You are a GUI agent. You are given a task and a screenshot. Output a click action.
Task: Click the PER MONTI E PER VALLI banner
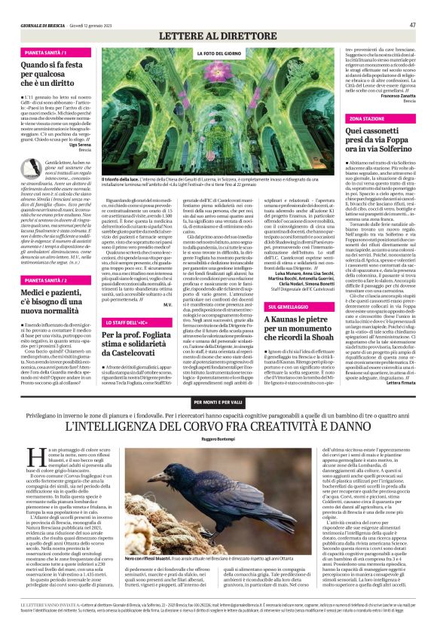point(219,401)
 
